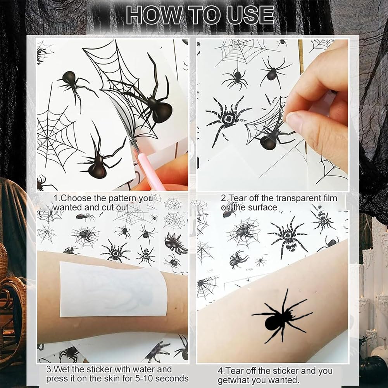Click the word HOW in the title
[x=153, y=16]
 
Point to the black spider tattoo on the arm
[x=282, y=316]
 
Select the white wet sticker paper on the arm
[x=113, y=289]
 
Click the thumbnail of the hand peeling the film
[x=273, y=115]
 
